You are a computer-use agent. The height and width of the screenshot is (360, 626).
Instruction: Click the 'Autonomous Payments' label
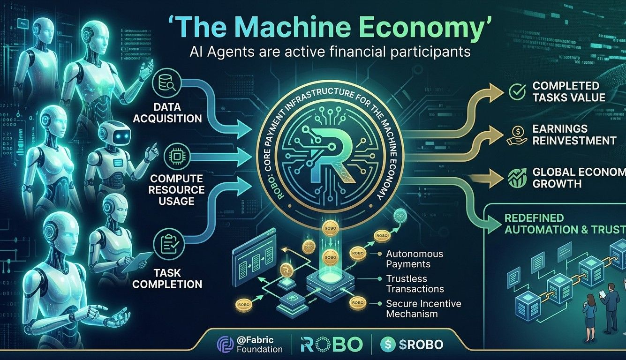[415, 259]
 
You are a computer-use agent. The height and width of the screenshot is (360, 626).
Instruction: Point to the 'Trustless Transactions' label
[415, 284]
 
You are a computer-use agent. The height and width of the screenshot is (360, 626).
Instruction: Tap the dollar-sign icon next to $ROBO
[387, 345]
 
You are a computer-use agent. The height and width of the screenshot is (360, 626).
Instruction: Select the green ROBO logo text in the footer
[331, 345]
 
